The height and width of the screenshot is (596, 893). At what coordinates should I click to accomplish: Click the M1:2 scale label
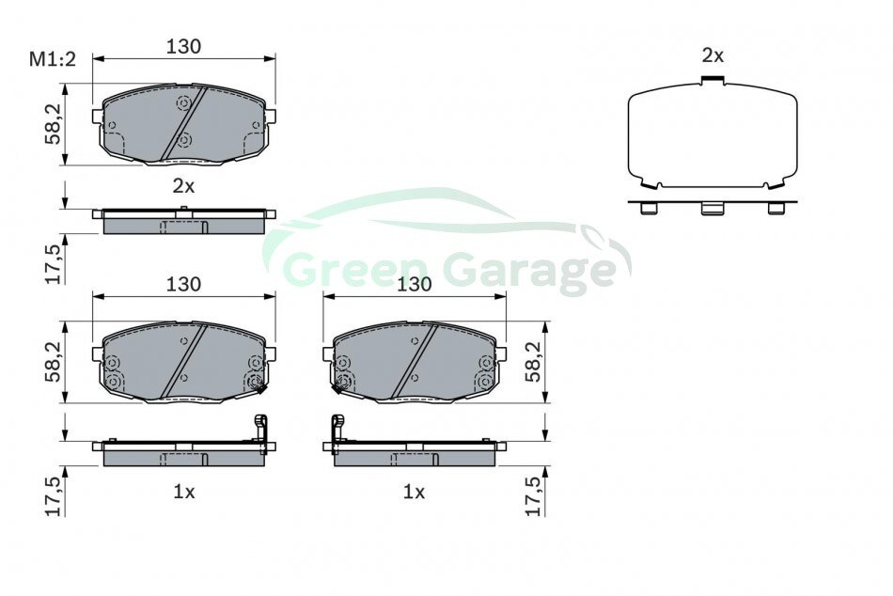pos(53,59)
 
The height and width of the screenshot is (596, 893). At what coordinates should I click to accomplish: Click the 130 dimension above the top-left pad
pos(183,46)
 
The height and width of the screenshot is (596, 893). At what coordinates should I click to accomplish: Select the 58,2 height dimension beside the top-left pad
pos(55,125)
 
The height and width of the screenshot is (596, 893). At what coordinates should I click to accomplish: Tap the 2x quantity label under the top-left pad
pos(183,186)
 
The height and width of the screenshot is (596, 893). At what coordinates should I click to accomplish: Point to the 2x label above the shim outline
pos(713,55)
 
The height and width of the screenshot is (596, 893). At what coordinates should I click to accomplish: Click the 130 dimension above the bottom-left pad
pos(183,284)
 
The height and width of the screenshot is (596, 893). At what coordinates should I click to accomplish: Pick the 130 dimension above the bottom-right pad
pos(414,284)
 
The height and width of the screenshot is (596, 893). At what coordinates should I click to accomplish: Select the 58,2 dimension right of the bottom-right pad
pos(534,362)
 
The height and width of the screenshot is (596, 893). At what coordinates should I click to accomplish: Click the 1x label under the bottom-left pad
pos(183,491)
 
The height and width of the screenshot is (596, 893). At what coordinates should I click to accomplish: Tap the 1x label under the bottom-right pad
pos(414,491)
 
